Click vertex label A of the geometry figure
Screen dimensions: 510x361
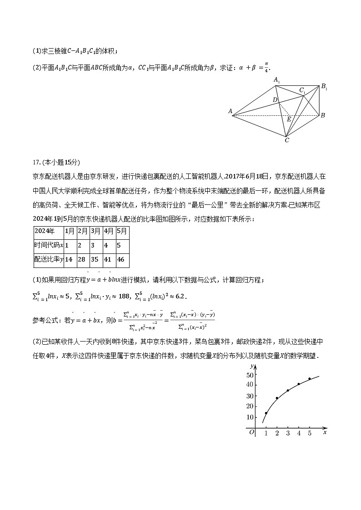tap(231, 111)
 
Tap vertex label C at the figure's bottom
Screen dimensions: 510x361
tap(286, 141)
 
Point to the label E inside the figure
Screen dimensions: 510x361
tap(288, 119)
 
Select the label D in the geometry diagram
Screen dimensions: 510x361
tap(275, 99)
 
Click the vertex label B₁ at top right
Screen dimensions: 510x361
tap(324, 87)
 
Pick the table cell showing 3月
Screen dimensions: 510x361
tap(95, 231)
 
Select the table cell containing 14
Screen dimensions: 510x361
tap(69, 260)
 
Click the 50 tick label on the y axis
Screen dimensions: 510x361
tap(250, 375)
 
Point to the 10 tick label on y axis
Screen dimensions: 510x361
tap(250, 417)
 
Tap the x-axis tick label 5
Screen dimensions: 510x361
tap(310, 434)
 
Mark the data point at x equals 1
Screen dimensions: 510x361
tap(266, 413)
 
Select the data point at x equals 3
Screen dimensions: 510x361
tap(288, 391)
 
